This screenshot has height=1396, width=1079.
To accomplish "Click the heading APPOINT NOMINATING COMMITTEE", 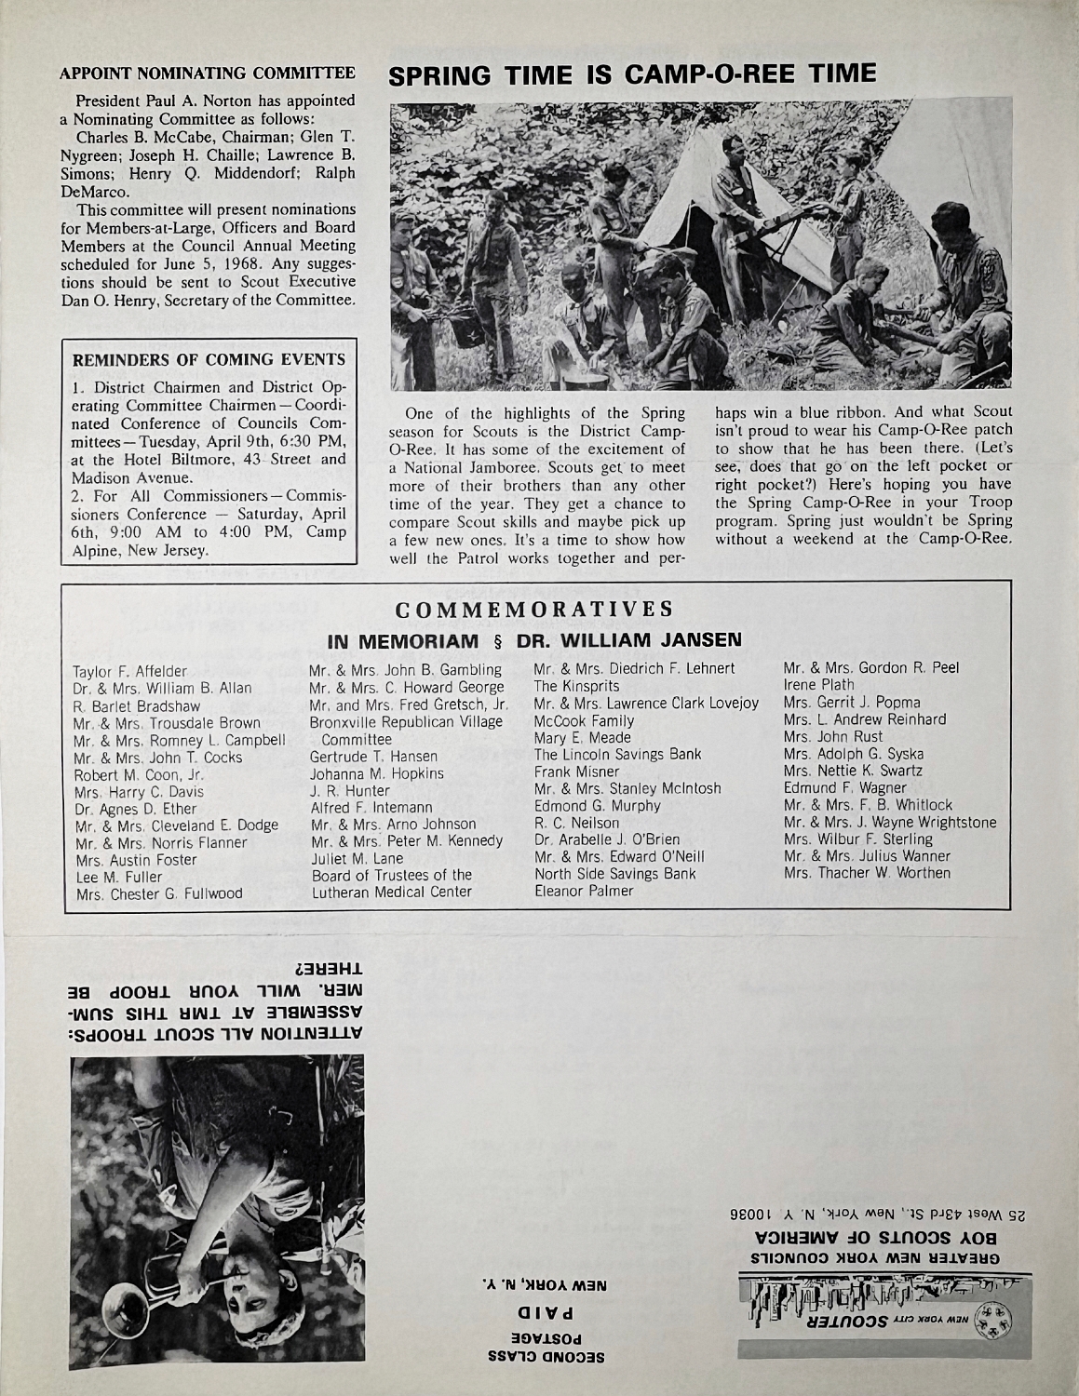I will pyautogui.click(x=207, y=73).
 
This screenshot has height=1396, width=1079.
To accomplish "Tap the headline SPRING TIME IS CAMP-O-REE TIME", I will pyautogui.click(x=632, y=74).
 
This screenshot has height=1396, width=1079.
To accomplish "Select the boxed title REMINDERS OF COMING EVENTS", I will pyautogui.click(x=209, y=359).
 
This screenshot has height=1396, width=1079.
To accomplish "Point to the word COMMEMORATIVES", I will pyautogui.click(x=534, y=611).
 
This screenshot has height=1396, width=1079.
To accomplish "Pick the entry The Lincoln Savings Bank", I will pyautogui.click(x=617, y=755).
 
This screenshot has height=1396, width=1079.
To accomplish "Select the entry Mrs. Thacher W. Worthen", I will pyautogui.click(x=867, y=873).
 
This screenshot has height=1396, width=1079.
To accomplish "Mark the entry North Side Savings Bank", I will pyautogui.click(x=615, y=874).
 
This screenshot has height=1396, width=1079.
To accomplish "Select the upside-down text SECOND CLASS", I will pyautogui.click(x=548, y=1357).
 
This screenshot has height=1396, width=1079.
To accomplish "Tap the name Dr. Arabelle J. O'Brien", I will pyautogui.click(x=607, y=839).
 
